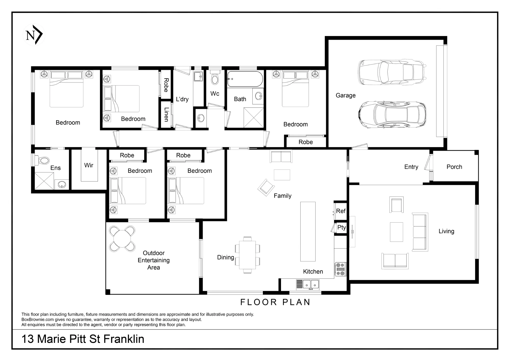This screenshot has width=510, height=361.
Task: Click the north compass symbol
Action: coord(34,35)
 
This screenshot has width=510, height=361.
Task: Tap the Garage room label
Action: coord(346,95)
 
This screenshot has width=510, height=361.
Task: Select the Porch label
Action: coord(454,167)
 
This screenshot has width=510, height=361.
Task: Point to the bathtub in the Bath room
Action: coord(245,79)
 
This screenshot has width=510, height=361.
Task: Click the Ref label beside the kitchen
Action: coord(341,211)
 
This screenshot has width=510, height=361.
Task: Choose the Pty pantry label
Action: coord(341,227)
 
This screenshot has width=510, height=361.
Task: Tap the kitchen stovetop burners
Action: coord(340,269)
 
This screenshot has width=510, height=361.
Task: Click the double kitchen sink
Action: coord(311,284)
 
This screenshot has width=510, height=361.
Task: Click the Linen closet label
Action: coord(167,114)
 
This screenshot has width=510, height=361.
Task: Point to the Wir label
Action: coord(89,165)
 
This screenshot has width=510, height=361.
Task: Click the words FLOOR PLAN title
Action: coord(275,302)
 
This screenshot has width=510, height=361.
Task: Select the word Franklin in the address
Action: coord(124,339)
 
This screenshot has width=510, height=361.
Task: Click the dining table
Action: coord(247,255)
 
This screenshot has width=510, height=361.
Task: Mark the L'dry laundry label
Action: coord(182,99)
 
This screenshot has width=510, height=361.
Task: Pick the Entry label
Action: coord(411,167)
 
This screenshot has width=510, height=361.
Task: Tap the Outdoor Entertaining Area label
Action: coord(154,260)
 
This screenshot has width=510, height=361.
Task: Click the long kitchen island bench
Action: coord(308,232)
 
